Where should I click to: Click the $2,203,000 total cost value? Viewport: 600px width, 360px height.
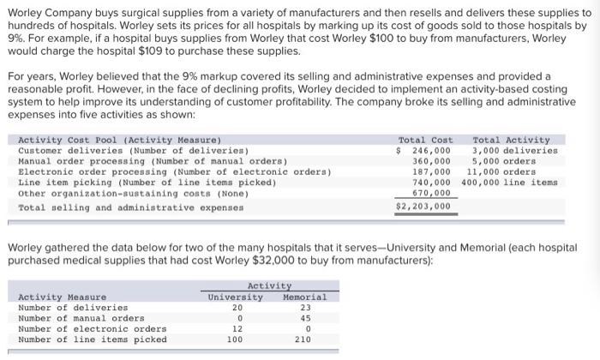(x=423, y=206)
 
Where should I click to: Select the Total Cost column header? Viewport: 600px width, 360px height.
(x=425, y=140)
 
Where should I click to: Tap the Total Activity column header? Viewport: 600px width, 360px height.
(x=511, y=140)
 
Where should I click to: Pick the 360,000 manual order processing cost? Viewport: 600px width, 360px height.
(x=431, y=160)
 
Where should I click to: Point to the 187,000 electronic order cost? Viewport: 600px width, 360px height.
(x=431, y=171)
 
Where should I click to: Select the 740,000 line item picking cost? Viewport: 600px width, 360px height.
(x=431, y=182)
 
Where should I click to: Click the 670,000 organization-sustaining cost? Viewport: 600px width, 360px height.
(x=431, y=192)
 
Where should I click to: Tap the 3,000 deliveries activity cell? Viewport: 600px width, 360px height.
(x=514, y=150)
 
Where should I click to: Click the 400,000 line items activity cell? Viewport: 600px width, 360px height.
(x=509, y=182)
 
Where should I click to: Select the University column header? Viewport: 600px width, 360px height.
(x=236, y=297)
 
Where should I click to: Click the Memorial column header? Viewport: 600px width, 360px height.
(x=304, y=297)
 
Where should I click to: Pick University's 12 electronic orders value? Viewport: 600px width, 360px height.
(x=237, y=328)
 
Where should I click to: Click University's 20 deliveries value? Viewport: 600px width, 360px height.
(x=237, y=307)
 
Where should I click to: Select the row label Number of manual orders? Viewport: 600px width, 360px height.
(x=81, y=318)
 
